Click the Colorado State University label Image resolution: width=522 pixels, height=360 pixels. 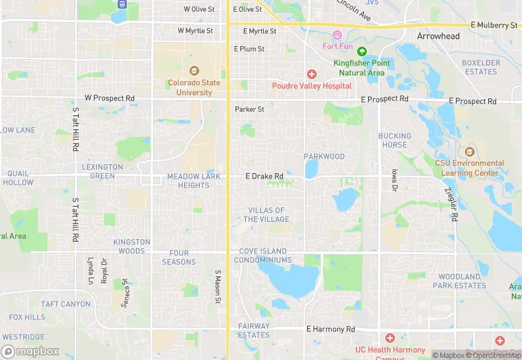point(194,88)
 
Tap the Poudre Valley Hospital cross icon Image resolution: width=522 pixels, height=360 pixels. point(311,74)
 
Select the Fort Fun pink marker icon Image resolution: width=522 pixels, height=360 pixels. point(337,35)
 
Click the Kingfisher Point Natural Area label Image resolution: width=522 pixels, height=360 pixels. point(362,67)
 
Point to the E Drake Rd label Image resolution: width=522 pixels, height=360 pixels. point(264,177)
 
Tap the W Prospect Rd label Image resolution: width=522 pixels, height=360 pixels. point(109,98)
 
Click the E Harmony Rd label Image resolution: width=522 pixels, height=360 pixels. point(330,330)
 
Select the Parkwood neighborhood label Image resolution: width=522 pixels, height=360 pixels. point(324,157)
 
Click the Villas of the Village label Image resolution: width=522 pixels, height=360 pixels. point(266,215)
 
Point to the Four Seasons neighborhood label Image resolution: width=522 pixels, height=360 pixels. point(179,258)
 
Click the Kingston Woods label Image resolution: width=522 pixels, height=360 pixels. point(131,247)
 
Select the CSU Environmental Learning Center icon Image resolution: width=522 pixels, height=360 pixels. point(470,152)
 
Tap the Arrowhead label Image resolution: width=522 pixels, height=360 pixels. point(438,36)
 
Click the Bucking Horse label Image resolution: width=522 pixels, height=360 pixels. point(394,140)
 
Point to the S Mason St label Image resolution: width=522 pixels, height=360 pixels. point(217,286)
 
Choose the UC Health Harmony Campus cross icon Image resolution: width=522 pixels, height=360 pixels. point(390,338)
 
